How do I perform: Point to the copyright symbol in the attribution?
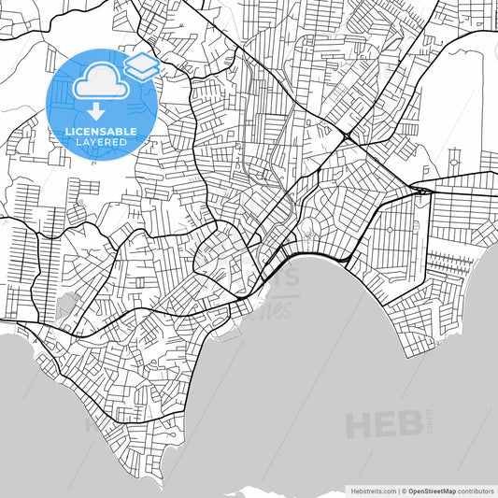405,490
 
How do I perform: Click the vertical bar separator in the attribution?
397,490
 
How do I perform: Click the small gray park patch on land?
68,304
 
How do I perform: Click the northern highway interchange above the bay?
348,136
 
